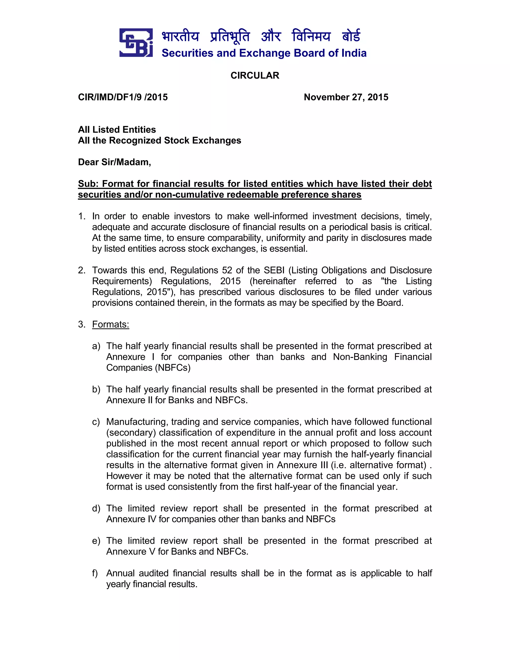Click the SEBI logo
click(136, 43)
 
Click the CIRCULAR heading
click(255, 75)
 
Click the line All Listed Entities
click(117, 130)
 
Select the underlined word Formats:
click(111, 324)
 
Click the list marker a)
click(96, 346)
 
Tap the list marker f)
click(95, 573)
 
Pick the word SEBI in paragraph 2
click(274, 270)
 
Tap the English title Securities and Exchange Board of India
click(264, 53)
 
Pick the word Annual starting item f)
click(120, 573)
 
